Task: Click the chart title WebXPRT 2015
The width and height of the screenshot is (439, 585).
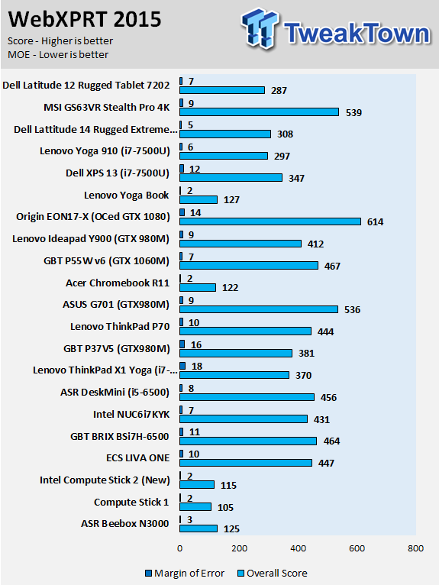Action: [x=85, y=19]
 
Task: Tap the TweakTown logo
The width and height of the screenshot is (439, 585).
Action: [x=336, y=30]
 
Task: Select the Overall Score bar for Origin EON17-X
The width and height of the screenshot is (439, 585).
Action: [x=270, y=221]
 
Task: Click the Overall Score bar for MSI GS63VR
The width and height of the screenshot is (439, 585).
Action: [x=260, y=112]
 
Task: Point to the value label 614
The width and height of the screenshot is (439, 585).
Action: [x=375, y=222]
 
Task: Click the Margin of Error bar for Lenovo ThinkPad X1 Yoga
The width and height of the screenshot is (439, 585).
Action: [x=182, y=366]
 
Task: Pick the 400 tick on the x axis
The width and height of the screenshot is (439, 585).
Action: [x=298, y=548]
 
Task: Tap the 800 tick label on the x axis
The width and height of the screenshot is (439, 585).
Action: [x=415, y=548]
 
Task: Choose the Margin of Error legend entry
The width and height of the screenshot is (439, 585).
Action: [x=185, y=573]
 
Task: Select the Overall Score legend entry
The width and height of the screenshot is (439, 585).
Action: [x=273, y=573]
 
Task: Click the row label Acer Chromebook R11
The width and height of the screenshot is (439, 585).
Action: [x=118, y=283]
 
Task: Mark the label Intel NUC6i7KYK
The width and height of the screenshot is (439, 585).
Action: [x=131, y=415]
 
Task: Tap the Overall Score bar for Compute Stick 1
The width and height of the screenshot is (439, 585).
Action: [x=195, y=506]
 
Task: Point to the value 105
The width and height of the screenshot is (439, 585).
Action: [x=225, y=507]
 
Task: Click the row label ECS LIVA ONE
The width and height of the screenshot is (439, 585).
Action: [x=137, y=458]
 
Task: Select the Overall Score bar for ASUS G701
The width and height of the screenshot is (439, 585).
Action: [x=259, y=309]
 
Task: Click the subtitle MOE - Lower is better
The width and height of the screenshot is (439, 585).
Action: [x=58, y=54]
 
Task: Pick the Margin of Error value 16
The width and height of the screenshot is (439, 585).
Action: [x=196, y=344]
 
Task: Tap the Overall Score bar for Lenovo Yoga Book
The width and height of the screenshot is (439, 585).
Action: [x=199, y=199]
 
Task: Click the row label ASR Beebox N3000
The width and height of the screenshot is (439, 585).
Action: [x=125, y=524]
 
